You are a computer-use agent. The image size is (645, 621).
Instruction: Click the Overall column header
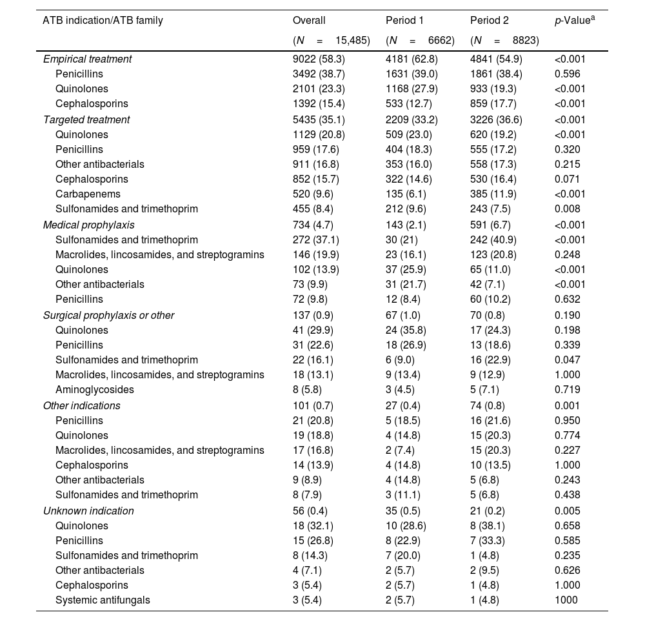click(x=309, y=21)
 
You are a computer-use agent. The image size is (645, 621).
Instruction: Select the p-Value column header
click(x=574, y=21)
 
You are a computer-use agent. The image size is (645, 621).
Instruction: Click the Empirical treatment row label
click(x=87, y=59)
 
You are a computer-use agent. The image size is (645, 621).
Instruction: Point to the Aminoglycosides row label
click(x=95, y=390)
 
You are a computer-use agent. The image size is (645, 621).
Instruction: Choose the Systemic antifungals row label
click(x=103, y=600)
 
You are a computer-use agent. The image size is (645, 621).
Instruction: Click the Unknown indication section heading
click(x=88, y=511)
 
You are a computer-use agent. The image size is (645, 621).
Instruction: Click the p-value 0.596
click(x=567, y=74)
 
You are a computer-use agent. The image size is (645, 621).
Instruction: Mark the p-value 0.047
click(x=567, y=360)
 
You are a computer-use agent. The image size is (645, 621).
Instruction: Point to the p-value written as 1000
click(x=566, y=600)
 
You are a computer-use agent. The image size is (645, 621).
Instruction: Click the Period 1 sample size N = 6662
click(x=420, y=40)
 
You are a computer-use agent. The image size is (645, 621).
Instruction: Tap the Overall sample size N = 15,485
click(x=331, y=40)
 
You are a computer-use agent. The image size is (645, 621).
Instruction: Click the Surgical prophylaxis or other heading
click(x=108, y=316)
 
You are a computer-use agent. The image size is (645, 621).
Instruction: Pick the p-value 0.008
click(x=567, y=209)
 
